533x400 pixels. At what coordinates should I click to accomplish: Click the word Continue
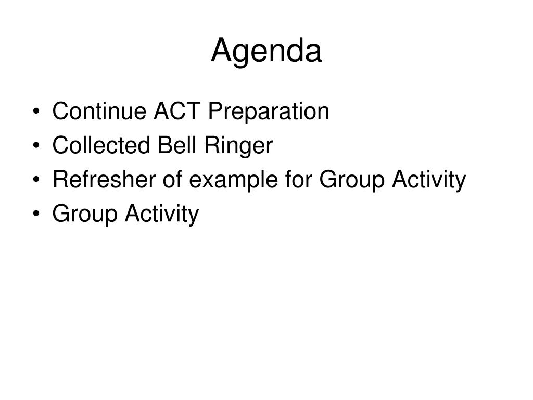(99, 111)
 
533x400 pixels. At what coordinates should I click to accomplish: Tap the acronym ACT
(177, 111)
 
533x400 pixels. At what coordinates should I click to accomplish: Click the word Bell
(177, 145)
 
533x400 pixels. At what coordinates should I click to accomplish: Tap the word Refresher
(104, 179)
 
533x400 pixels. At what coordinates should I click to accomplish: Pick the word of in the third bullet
(172, 179)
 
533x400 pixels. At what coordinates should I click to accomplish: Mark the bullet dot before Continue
(37, 111)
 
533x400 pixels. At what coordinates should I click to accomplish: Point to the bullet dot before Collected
(37, 145)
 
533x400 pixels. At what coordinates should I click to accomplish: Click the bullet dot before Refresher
(37, 179)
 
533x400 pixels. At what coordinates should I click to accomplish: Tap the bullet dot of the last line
(37, 213)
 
